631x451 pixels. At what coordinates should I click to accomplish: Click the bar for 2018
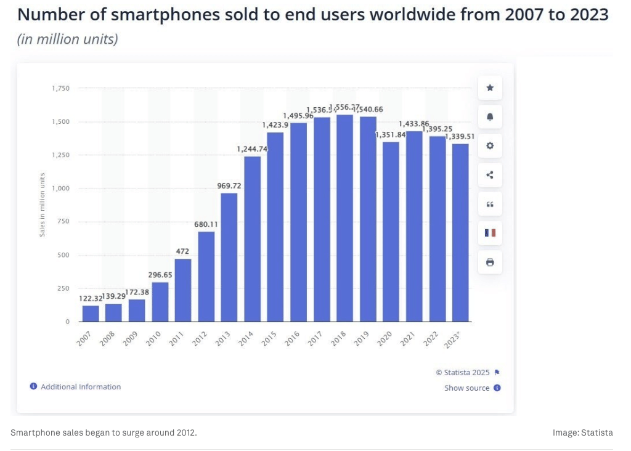click(345, 218)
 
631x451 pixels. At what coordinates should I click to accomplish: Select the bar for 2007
click(91, 314)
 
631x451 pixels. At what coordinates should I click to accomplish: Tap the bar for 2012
click(206, 277)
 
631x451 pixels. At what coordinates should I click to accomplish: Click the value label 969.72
click(229, 185)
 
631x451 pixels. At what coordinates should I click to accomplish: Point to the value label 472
click(182, 251)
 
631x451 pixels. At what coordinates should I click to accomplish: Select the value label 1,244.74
click(252, 148)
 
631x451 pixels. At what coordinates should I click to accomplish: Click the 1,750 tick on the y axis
click(61, 89)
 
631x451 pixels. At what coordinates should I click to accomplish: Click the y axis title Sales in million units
click(43, 205)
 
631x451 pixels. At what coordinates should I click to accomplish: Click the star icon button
click(490, 88)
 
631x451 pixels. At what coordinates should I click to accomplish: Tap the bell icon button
click(490, 117)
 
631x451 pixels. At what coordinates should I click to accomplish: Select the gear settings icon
click(490, 146)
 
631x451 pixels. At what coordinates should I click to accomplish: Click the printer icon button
click(490, 262)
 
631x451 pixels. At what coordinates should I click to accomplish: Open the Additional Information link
click(81, 387)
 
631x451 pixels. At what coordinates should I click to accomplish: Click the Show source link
click(467, 388)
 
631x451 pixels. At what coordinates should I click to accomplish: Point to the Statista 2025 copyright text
click(463, 373)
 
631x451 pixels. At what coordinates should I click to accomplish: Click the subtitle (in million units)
click(67, 40)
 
